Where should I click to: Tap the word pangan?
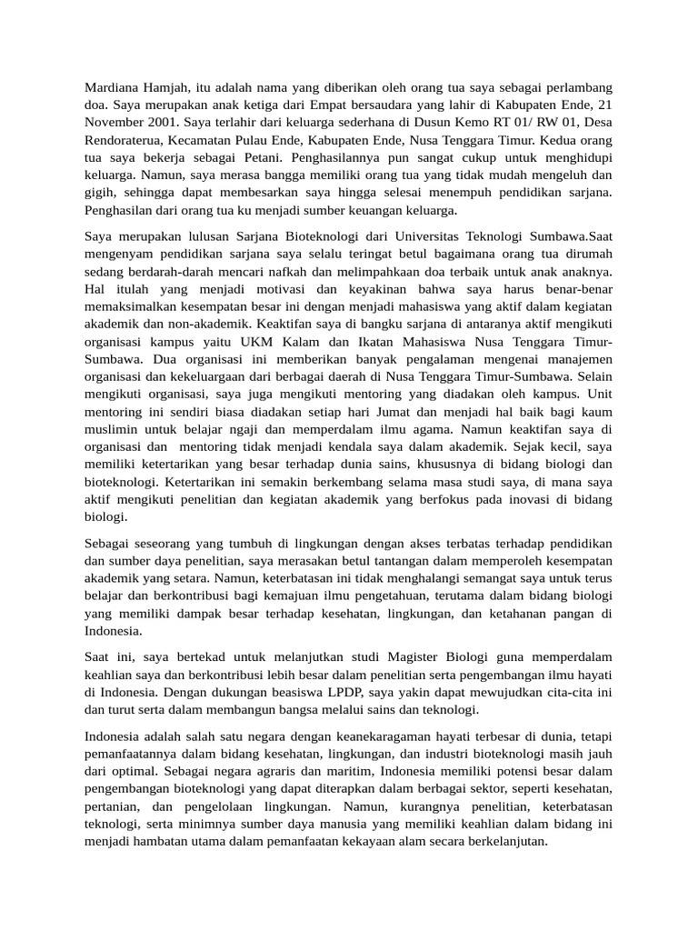(x=570, y=614)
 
